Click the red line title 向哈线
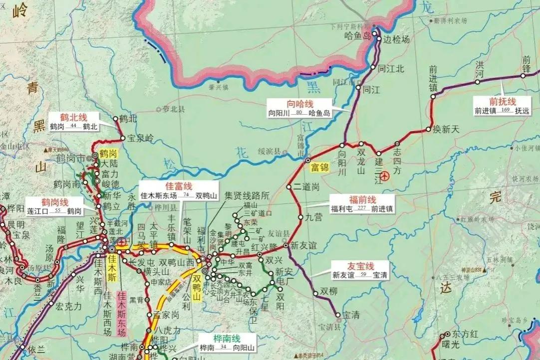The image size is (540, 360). point(299,104)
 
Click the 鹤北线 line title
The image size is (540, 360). point(74,117)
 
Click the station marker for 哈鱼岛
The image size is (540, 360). point(374,34)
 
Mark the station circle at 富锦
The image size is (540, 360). point(308,160)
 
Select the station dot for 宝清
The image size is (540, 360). point(338,315)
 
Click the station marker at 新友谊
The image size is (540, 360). point(286,245)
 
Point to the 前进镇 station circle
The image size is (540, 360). point(433,98)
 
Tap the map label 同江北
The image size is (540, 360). point(391,69)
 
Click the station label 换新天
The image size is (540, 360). point(446,129)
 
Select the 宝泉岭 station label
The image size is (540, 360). point(141,138)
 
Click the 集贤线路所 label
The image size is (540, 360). point(247,194)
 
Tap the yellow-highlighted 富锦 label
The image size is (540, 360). point(319,167)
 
